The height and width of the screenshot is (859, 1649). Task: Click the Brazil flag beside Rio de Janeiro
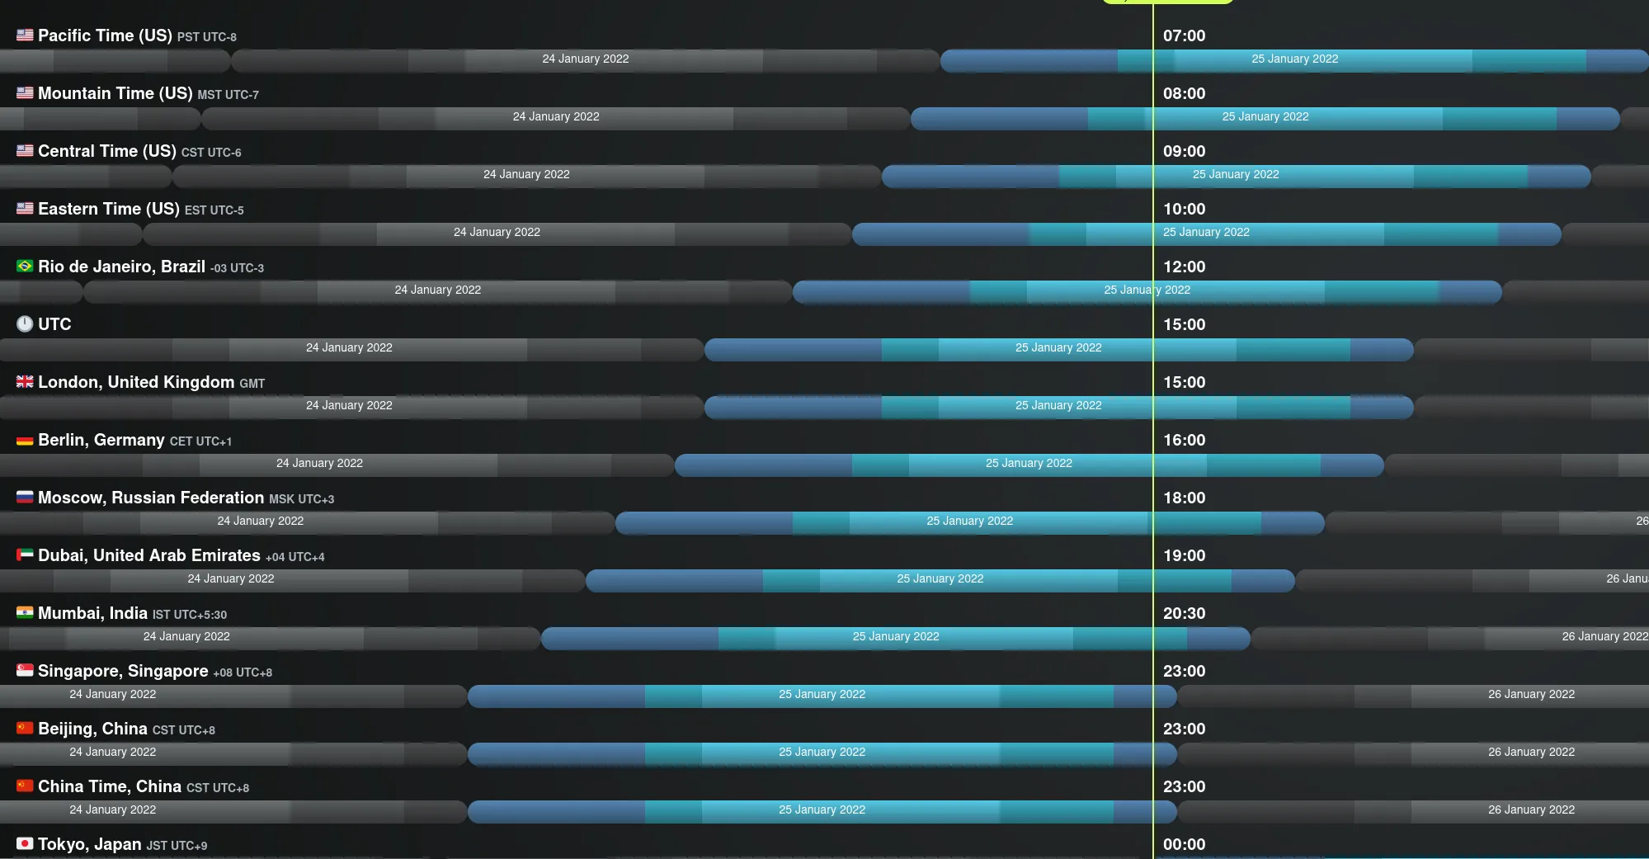click(25, 267)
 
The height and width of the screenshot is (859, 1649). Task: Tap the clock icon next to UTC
click(25, 324)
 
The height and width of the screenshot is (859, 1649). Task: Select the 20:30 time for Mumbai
click(1184, 613)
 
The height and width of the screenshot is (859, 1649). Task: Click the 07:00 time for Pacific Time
click(1184, 35)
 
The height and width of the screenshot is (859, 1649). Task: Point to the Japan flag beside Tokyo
click(25, 844)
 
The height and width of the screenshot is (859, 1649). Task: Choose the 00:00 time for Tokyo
click(1184, 844)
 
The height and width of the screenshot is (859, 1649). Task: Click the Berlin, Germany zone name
click(101, 440)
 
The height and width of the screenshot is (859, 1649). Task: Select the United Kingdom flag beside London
click(25, 382)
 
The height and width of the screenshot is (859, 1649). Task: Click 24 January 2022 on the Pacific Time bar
click(586, 59)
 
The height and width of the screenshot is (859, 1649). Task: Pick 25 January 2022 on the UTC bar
click(1058, 347)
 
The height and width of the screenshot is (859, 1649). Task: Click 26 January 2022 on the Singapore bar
click(1531, 694)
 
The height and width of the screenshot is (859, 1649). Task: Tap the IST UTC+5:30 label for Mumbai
click(190, 615)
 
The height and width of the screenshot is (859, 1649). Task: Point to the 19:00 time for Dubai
click(1184, 555)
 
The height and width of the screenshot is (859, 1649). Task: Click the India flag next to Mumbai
click(25, 613)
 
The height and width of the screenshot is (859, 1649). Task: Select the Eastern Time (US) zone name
click(108, 209)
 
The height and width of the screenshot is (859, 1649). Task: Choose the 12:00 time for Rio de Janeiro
click(1184, 267)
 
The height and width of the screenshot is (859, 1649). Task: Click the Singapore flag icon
click(25, 671)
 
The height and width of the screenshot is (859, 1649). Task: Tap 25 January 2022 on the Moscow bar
click(969, 521)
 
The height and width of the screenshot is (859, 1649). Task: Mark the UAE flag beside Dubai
click(25, 555)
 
